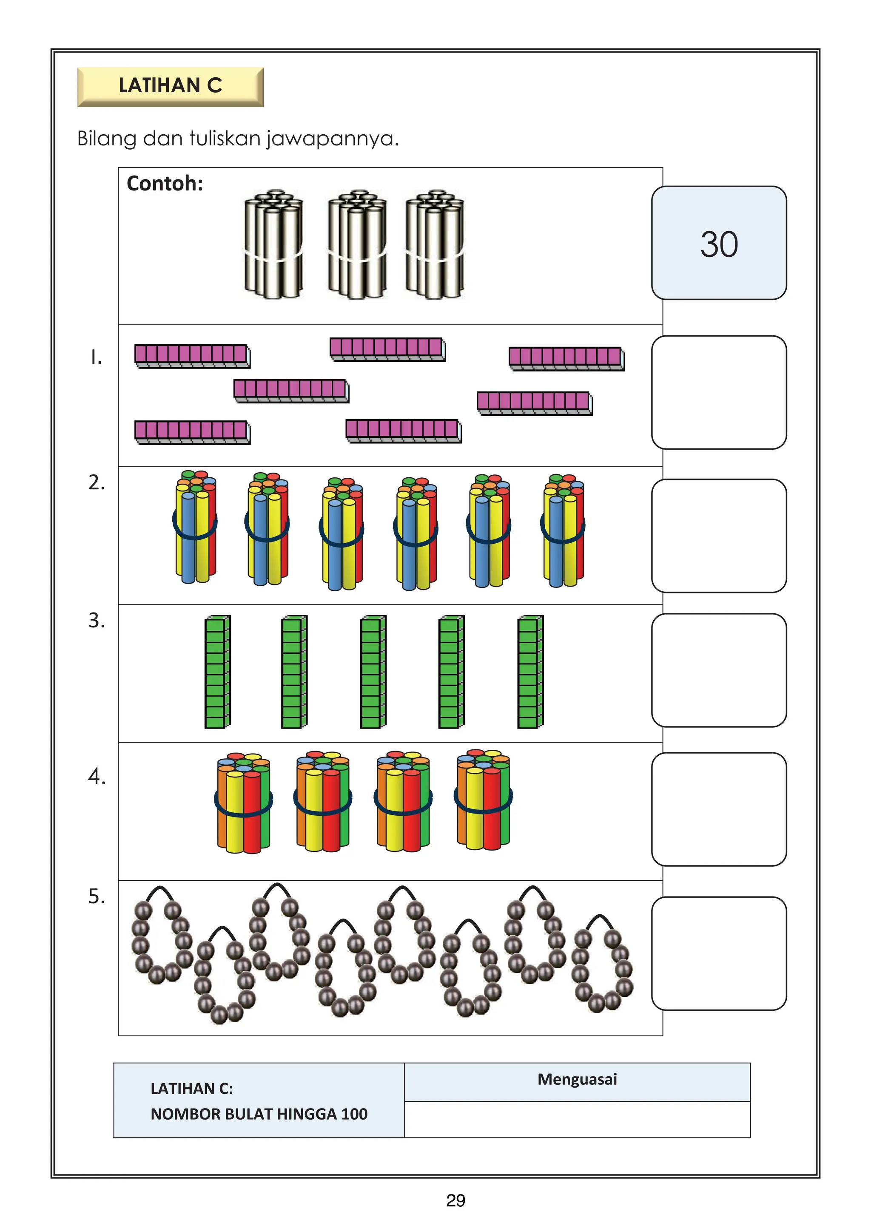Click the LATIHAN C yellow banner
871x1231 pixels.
coord(170,86)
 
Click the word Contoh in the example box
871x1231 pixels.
coord(165,184)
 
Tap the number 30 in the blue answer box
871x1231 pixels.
coord(719,244)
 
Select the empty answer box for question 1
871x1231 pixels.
coord(719,392)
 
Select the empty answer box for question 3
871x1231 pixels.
coord(719,670)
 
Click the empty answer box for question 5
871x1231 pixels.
coord(719,953)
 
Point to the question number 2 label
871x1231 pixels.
coord(96,482)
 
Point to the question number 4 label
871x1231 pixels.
coord(97,776)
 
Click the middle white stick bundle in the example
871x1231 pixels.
coord(357,244)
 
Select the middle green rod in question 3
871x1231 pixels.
coord(373,672)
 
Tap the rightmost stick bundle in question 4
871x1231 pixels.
coord(483,800)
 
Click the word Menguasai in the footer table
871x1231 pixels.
coord(577,1079)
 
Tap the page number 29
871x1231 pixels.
coord(455,1200)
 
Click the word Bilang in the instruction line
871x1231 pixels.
coord(107,139)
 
